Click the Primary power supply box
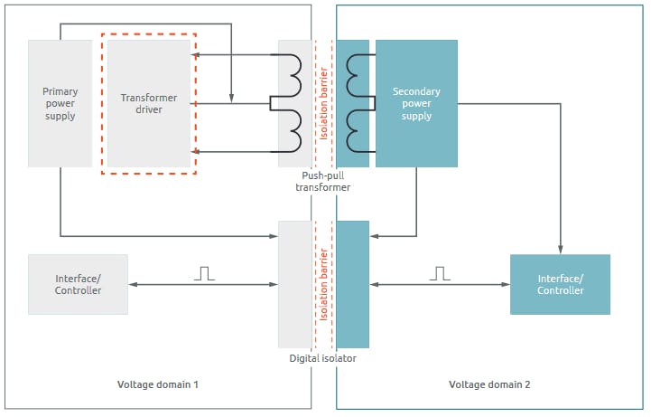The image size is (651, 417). (x=60, y=103)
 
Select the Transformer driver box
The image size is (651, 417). (x=149, y=103)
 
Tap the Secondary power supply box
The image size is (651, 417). (x=416, y=103)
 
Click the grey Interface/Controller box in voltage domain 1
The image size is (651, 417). (x=78, y=284)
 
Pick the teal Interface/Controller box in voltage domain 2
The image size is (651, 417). (x=560, y=284)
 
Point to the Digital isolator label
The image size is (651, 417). (x=322, y=358)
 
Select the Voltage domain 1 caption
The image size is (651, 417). (x=157, y=384)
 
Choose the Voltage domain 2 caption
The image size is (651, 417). (x=489, y=384)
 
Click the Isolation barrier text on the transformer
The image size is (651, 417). (x=323, y=103)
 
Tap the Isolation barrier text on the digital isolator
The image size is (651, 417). (x=323, y=284)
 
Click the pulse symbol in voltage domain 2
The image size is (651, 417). (x=440, y=272)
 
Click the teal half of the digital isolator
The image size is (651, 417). (x=352, y=284)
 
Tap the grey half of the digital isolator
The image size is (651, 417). (x=295, y=284)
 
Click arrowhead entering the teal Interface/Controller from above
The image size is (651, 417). (x=561, y=250)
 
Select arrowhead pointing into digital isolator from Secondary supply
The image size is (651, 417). (x=374, y=237)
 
